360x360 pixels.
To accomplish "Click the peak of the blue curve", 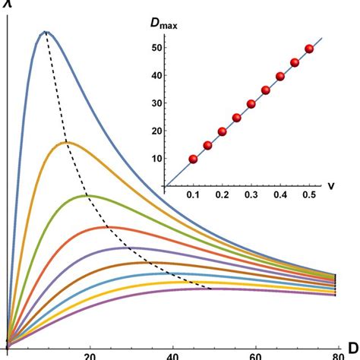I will pyautogui.click(x=46, y=32).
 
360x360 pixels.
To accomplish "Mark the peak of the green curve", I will pyautogui.click(x=87, y=195).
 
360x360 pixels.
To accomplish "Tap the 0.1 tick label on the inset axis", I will pyautogui.click(x=193, y=196).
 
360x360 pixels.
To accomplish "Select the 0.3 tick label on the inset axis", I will pyautogui.click(x=251, y=196).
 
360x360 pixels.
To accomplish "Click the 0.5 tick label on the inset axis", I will pyautogui.click(x=308, y=196).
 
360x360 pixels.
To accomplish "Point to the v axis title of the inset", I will pyautogui.click(x=333, y=185).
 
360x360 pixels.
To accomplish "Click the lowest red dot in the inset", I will pyautogui.click(x=193, y=159).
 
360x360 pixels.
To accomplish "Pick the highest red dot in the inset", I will pyautogui.click(x=308, y=49).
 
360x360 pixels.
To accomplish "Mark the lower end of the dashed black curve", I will pyautogui.click(x=210, y=289).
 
